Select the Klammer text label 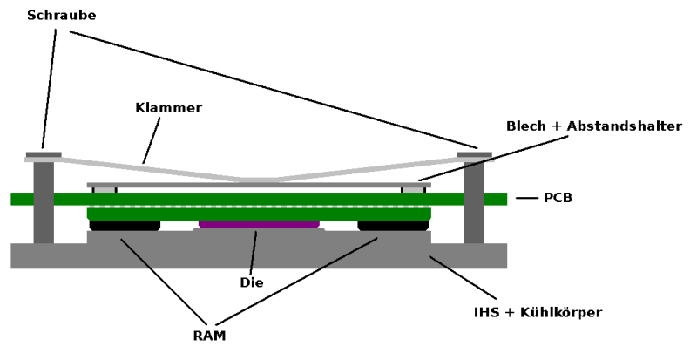tap(168, 108)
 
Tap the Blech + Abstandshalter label tap(593, 126)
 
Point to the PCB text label tap(558, 199)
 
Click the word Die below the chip tap(251, 282)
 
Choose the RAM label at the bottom tap(210, 336)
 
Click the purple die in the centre tap(259, 224)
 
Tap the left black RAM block tap(125, 225)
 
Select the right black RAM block tap(393, 225)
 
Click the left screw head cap tap(44, 154)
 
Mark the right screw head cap tap(474, 154)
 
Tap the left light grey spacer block tap(105, 189)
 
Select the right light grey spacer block tap(412, 189)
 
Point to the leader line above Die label tap(254, 252)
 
